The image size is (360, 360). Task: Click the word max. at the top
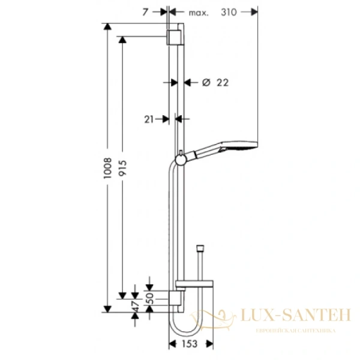point(197,13)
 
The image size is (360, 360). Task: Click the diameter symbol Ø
point(205,83)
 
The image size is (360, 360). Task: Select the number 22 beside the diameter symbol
point(222,83)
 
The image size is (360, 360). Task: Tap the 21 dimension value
point(149,119)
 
